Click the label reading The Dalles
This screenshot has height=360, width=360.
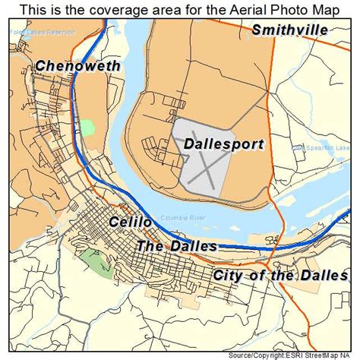click(176, 246)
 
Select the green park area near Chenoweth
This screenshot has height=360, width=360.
click(90, 126)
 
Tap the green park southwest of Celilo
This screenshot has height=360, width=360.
click(94, 262)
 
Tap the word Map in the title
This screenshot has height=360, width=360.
click(334, 9)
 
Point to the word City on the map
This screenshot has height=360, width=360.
click(229, 275)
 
